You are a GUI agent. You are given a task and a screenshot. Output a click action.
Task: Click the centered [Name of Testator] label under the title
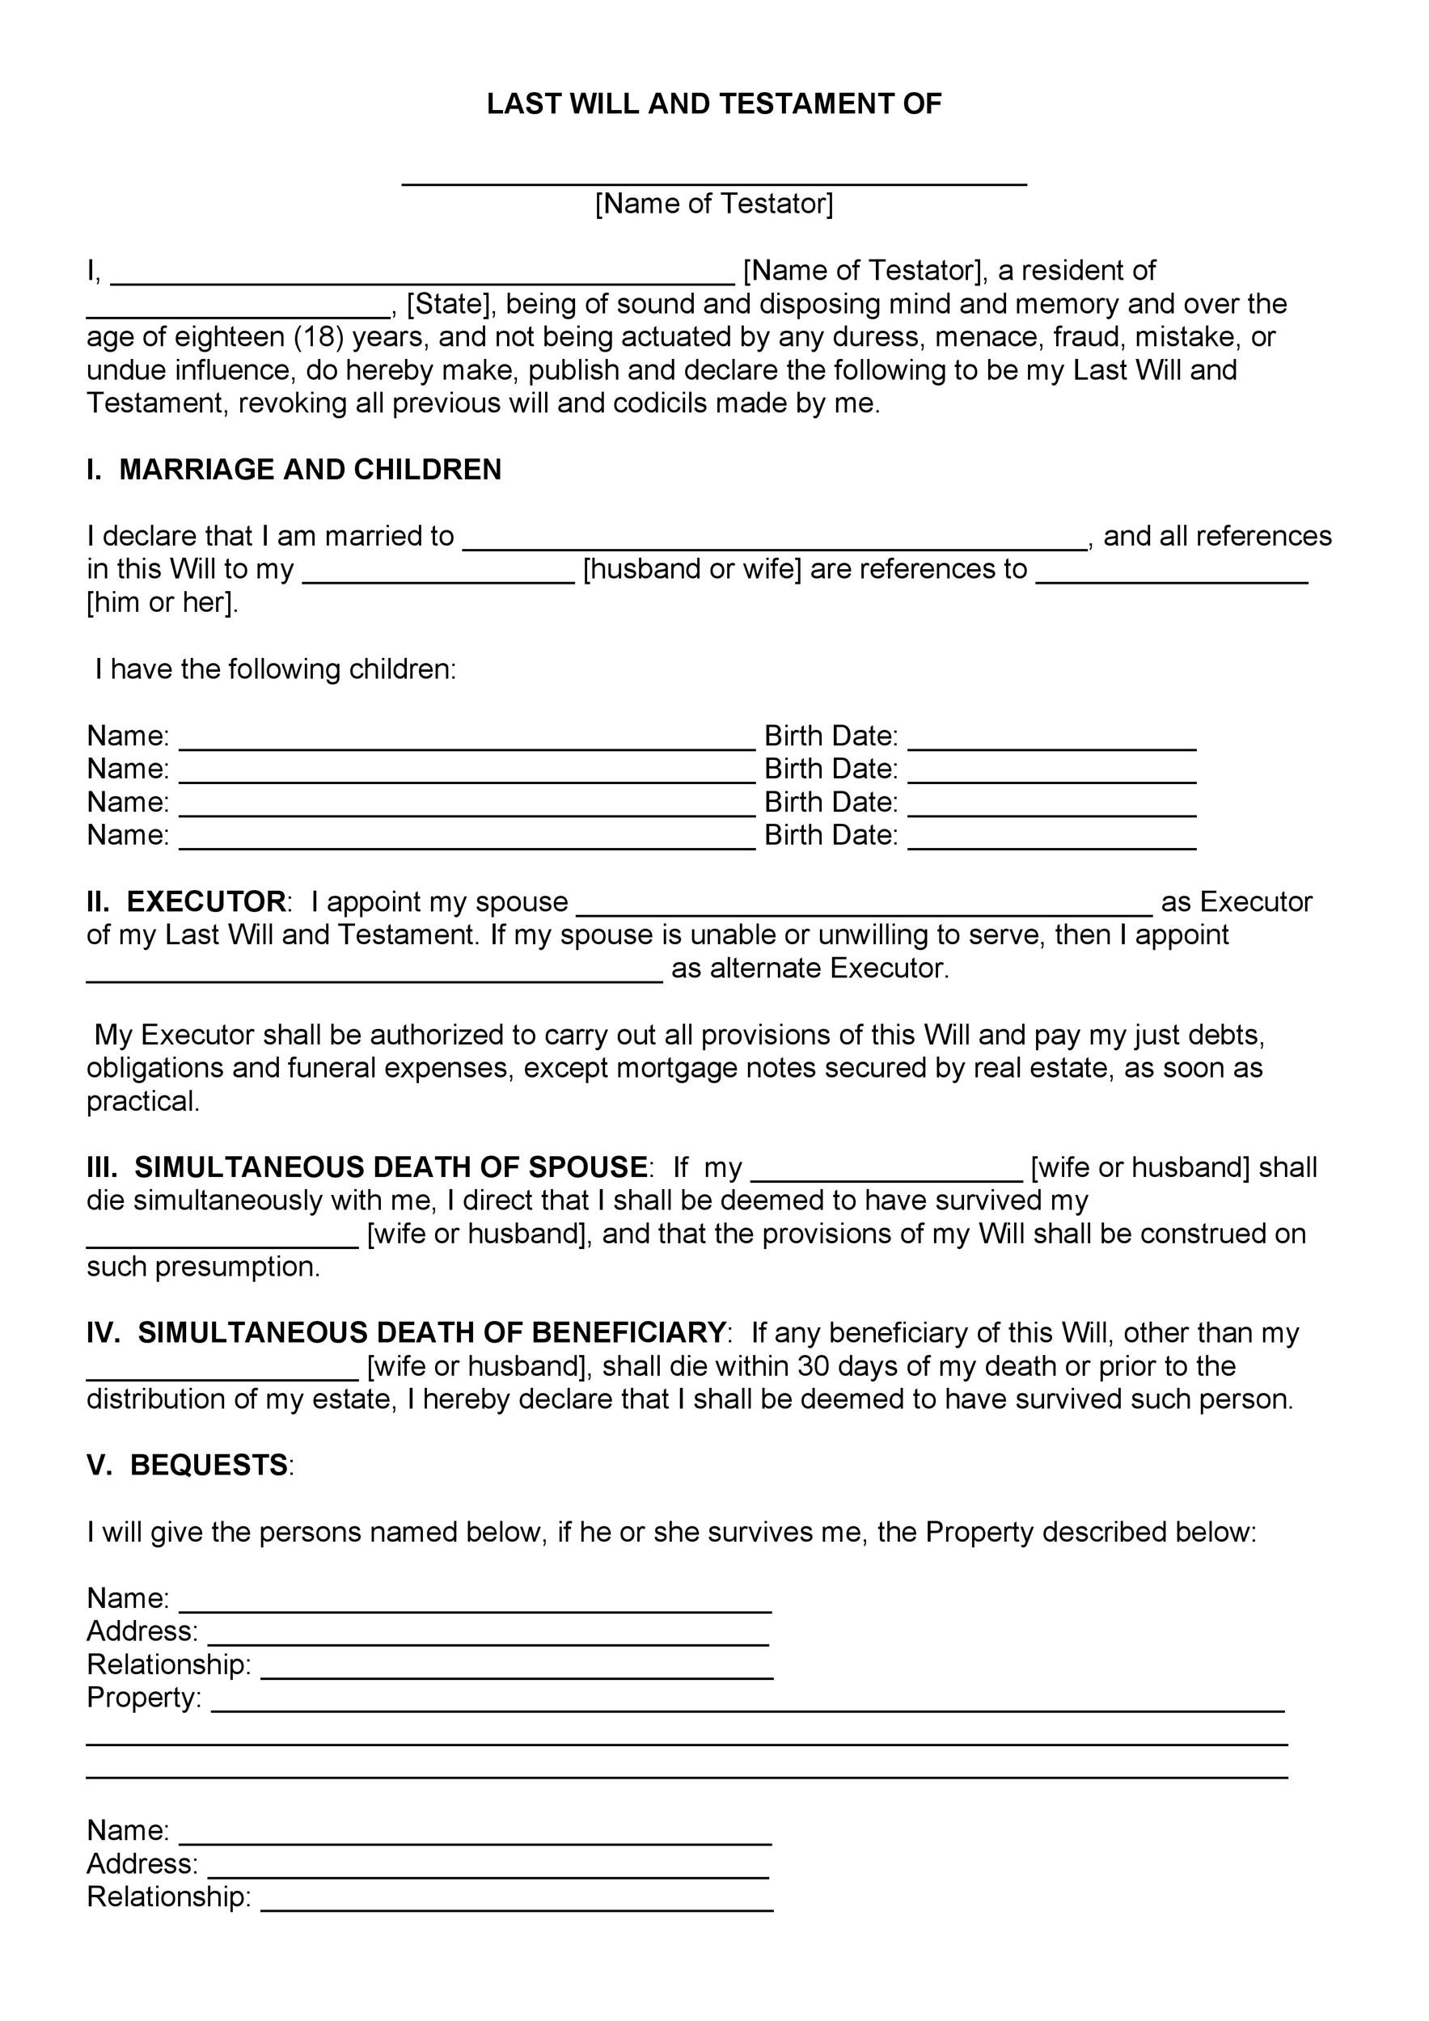714,205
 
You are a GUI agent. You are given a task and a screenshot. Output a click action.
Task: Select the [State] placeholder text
448,305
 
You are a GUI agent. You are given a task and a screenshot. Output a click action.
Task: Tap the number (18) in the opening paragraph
318,337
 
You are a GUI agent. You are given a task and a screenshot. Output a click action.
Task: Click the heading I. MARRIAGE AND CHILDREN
294,470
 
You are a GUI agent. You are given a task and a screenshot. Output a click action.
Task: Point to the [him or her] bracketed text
162,603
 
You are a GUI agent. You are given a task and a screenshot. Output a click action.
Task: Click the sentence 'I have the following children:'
276,670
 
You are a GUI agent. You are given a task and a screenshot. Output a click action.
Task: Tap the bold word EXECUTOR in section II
206,902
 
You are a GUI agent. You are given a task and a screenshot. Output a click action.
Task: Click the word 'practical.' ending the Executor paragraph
143,1102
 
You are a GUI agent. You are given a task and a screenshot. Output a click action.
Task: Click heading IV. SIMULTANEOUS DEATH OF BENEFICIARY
406,1333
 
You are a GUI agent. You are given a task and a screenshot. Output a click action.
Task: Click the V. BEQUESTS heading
188,1466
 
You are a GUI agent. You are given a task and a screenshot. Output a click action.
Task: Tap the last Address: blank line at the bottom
488,1871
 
